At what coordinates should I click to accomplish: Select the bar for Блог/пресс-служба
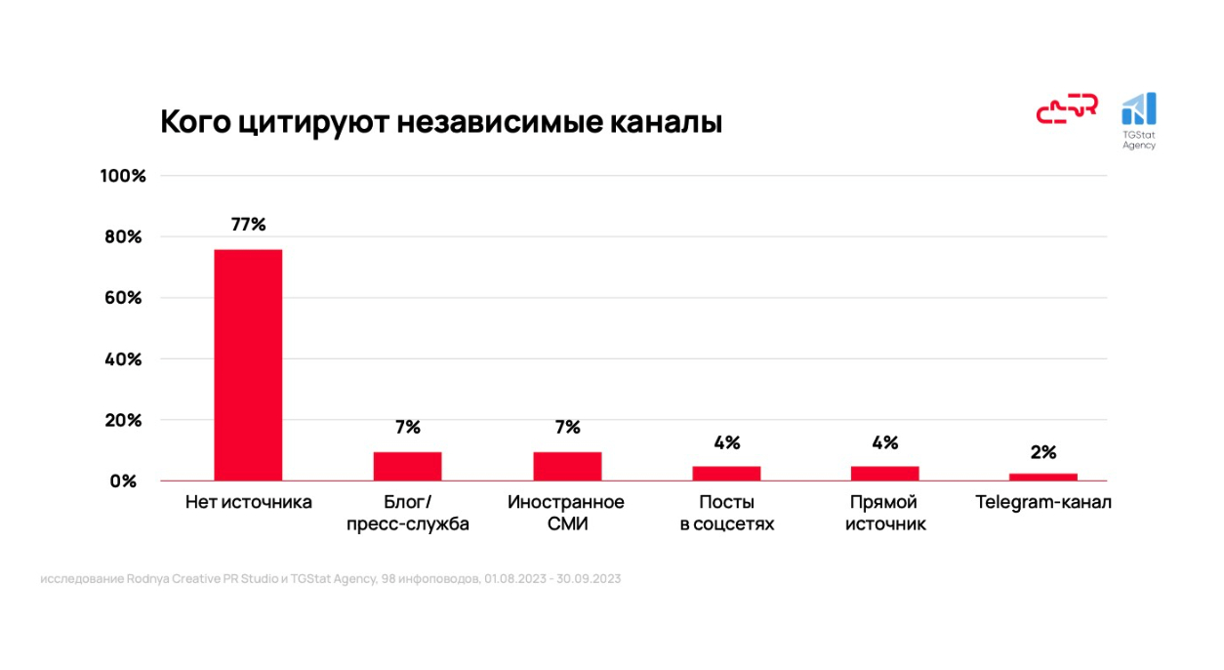coord(407,466)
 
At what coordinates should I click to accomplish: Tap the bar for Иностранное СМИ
coord(567,466)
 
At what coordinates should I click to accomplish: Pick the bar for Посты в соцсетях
coord(726,473)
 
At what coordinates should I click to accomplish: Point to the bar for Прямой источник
coord(885,473)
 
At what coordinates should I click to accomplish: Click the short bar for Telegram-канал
coord(1043,477)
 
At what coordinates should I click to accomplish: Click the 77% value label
coord(248,224)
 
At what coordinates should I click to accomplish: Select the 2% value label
coord(1043,452)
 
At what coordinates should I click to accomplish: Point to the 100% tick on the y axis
coord(123,176)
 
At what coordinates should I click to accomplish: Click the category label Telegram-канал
coord(1043,503)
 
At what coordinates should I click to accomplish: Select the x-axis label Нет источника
coord(249,503)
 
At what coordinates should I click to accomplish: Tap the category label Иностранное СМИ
coord(566,514)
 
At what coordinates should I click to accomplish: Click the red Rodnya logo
coord(1067,109)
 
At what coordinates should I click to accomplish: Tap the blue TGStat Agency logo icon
coord(1139,109)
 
